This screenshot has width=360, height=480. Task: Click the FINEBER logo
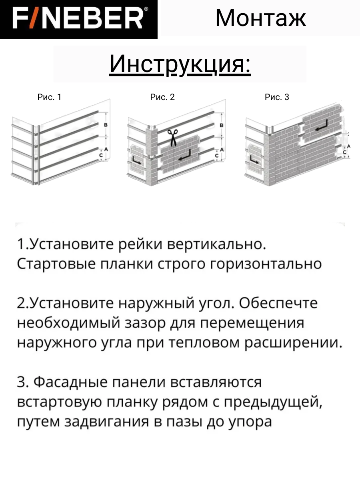[78, 19]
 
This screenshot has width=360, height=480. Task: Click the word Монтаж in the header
[260, 18]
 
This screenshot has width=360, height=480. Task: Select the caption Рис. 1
[49, 97]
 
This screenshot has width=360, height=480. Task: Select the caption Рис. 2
[162, 97]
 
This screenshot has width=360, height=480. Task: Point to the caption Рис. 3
[277, 97]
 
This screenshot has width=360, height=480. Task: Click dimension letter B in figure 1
[106, 125]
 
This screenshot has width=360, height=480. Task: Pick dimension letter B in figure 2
[222, 125]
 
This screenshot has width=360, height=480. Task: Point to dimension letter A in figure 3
[349, 146]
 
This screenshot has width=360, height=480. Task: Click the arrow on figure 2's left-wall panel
[136, 161]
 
